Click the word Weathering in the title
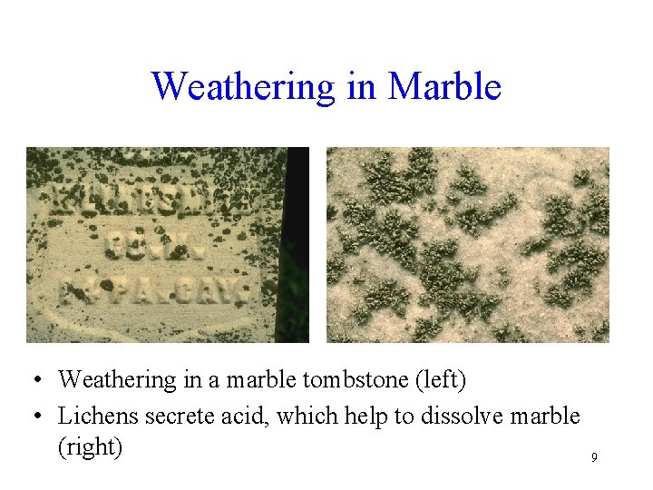click(x=243, y=87)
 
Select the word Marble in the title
click(x=444, y=87)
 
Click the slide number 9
click(x=594, y=457)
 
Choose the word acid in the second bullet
click(x=239, y=416)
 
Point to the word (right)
click(x=90, y=446)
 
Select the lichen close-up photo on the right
click(x=467, y=245)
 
